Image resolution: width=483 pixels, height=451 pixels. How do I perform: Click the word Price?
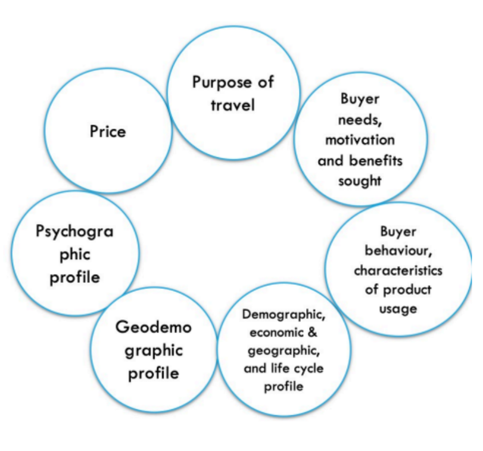(x=108, y=130)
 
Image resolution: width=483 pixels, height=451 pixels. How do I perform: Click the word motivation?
(x=360, y=140)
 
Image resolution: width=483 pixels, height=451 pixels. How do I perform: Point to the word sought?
(x=360, y=181)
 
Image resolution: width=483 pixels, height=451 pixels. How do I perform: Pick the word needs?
(x=359, y=119)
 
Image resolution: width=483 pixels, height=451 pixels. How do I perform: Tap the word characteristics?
(x=398, y=270)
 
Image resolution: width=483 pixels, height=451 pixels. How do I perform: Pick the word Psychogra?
(x=74, y=231)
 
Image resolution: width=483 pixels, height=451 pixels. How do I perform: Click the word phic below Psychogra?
(x=74, y=254)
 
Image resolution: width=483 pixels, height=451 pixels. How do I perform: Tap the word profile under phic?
(x=74, y=277)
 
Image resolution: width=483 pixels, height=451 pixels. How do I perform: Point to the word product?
(x=407, y=290)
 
